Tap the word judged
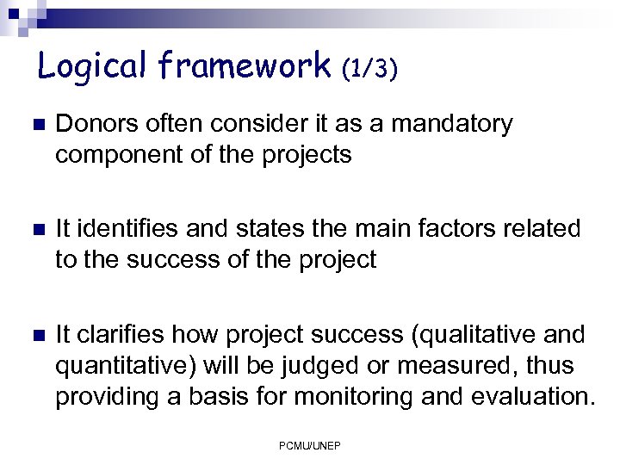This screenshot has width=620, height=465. [326, 366]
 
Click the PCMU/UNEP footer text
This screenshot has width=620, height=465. [309, 445]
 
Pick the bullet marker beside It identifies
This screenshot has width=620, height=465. [36, 230]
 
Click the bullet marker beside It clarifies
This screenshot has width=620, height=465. [36, 335]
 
